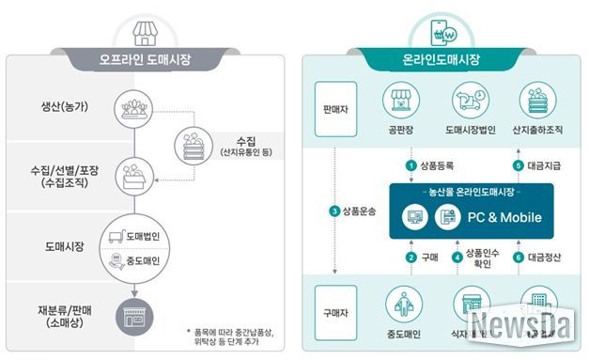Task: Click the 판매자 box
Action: point(335,107)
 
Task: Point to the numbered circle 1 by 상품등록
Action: point(410,165)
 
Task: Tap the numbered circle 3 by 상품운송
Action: point(333,211)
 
